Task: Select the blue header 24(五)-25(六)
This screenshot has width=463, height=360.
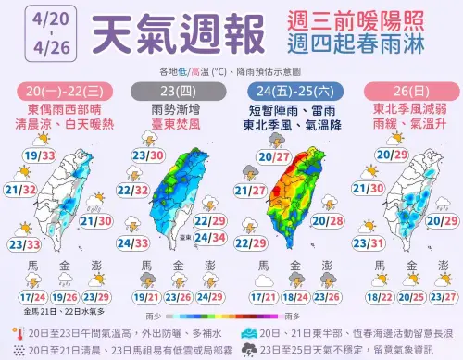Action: pyautogui.click(x=293, y=90)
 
